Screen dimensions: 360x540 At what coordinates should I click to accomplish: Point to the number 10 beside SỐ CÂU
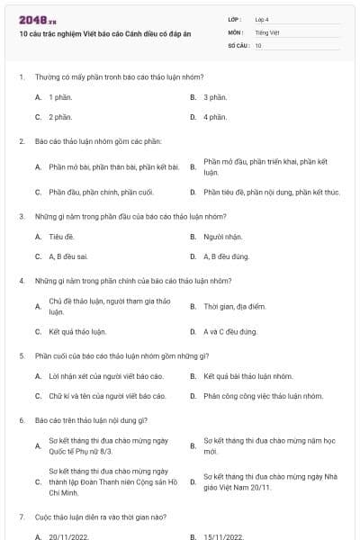pyautogui.click(x=258, y=45)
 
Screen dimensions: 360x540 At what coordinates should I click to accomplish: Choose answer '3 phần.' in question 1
pyautogui.click(x=215, y=96)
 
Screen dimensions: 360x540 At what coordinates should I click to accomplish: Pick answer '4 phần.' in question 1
pyautogui.click(x=215, y=117)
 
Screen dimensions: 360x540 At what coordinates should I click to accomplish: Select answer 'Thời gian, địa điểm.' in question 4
pyautogui.click(x=235, y=306)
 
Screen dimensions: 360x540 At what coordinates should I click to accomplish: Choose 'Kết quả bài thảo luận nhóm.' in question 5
pyautogui.click(x=248, y=376)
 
